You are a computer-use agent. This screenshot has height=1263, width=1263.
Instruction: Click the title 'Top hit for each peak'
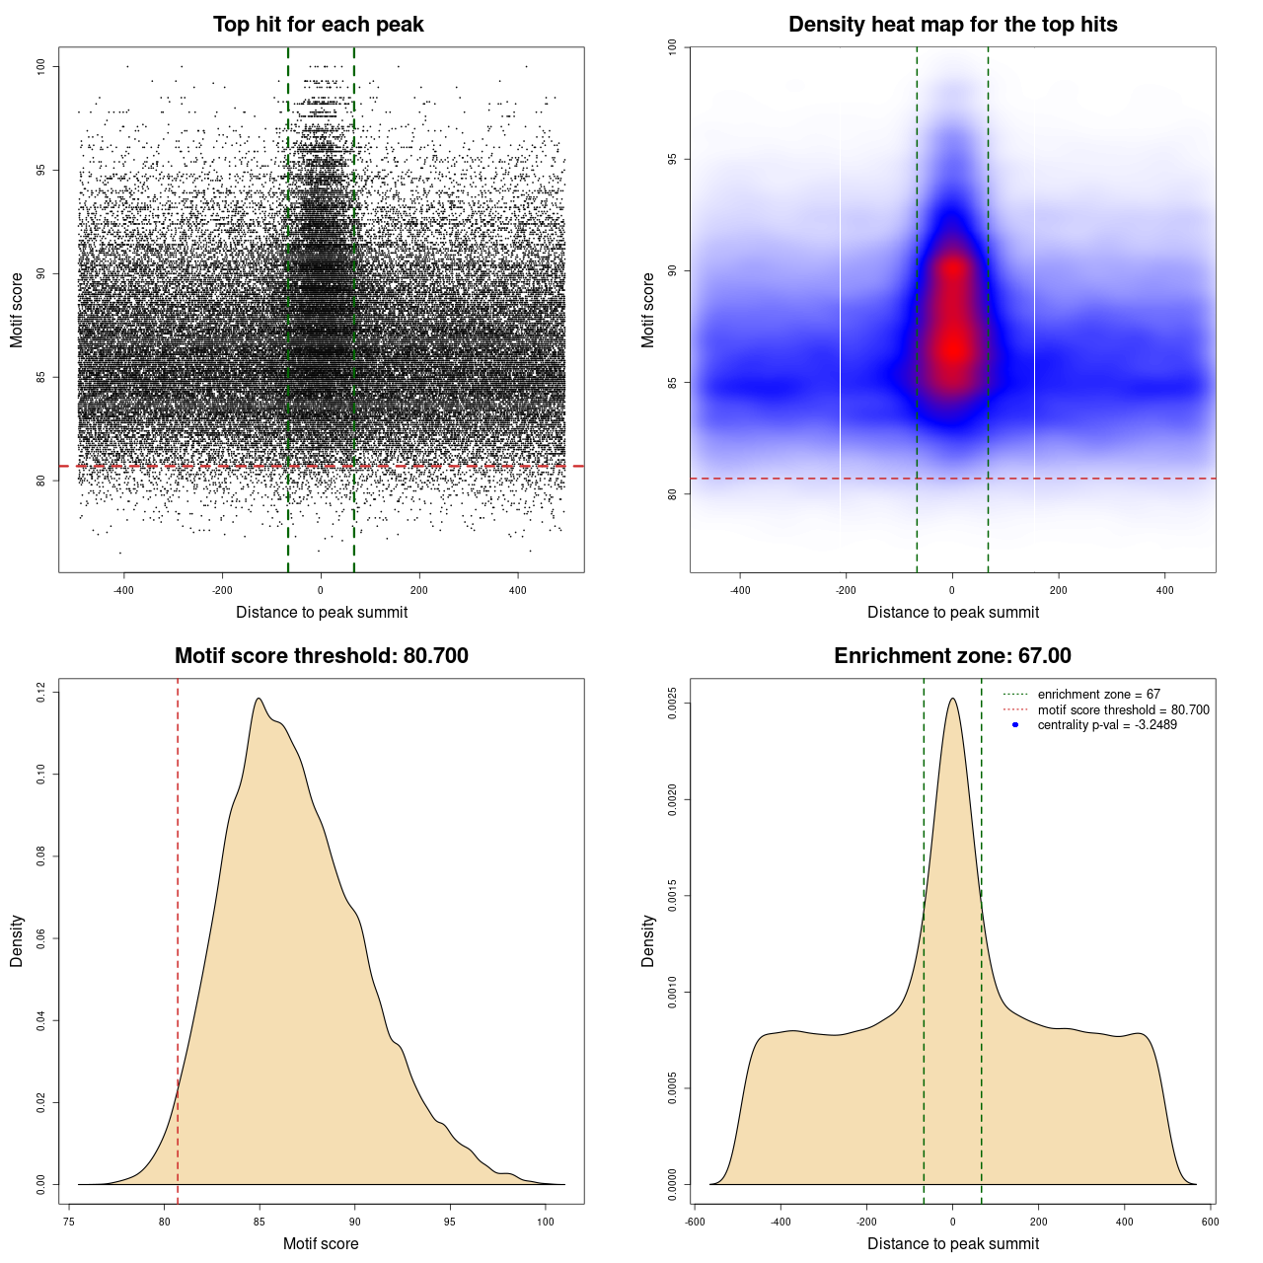click(319, 25)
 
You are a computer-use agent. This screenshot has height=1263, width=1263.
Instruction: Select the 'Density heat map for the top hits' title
click(952, 25)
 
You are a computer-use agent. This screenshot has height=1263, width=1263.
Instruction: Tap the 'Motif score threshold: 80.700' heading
click(321, 656)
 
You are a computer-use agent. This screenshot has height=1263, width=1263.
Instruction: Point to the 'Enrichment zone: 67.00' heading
click(952, 656)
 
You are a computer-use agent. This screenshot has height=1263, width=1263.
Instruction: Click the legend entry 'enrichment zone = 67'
click(1098, 695)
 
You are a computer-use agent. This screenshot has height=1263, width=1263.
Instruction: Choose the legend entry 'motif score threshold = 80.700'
click(1123, 709)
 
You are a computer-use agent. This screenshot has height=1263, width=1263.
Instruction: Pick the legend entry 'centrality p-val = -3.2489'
click(1107, 725)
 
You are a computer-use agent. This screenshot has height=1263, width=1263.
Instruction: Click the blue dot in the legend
click(1015, 725)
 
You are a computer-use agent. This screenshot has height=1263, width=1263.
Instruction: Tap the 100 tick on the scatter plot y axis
click(41, 66)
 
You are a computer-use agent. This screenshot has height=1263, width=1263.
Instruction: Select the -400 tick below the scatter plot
click(123, 590)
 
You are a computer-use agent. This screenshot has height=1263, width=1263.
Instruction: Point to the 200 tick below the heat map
click(1059, 590)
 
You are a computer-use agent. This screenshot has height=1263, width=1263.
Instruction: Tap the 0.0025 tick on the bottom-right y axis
click(673, 704)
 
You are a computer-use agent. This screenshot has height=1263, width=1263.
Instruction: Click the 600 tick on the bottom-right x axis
click(1211, 1222)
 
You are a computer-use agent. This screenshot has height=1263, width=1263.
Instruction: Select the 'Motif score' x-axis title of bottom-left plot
click(321, 1243)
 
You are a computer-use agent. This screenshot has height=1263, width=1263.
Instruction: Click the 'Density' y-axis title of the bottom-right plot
click(648, 940)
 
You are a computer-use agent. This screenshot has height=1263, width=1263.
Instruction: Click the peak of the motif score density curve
click(259, 699)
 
